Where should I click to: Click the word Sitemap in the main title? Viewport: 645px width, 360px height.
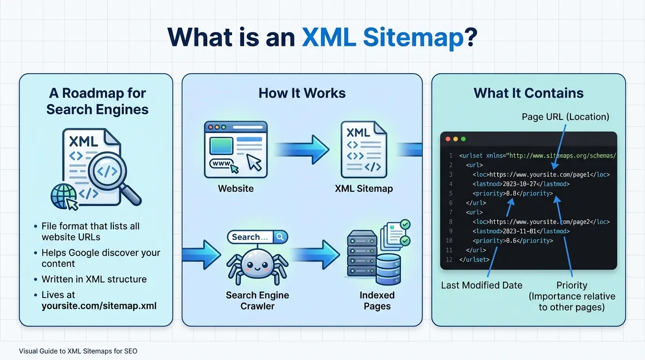coord(413,37)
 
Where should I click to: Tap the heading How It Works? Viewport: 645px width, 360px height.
coord(302,93)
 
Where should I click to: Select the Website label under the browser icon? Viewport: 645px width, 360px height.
coord(236,188)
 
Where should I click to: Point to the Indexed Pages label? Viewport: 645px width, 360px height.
coord(377,300)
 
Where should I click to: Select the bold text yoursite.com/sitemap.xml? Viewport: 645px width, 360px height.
coord(99,306)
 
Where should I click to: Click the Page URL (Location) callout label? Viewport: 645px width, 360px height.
coord(565,117)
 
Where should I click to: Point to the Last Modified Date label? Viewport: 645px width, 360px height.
coord(481,285)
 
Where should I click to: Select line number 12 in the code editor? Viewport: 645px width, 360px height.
coord(450,259)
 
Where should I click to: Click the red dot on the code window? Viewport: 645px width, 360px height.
coord(448,139)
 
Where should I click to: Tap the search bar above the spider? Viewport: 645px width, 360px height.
coord(257,237)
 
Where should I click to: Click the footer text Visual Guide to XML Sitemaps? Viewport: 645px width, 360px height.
coord(78,351)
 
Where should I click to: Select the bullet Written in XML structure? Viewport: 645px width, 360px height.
coord(94,279)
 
